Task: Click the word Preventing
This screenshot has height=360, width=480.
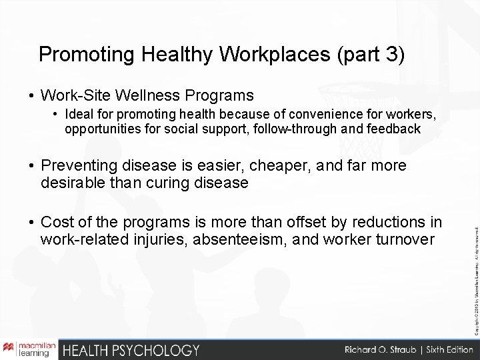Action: pos(81,165)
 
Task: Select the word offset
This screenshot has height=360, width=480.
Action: pos(309,221)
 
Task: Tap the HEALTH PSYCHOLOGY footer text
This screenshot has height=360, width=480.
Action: pos(131,349)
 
